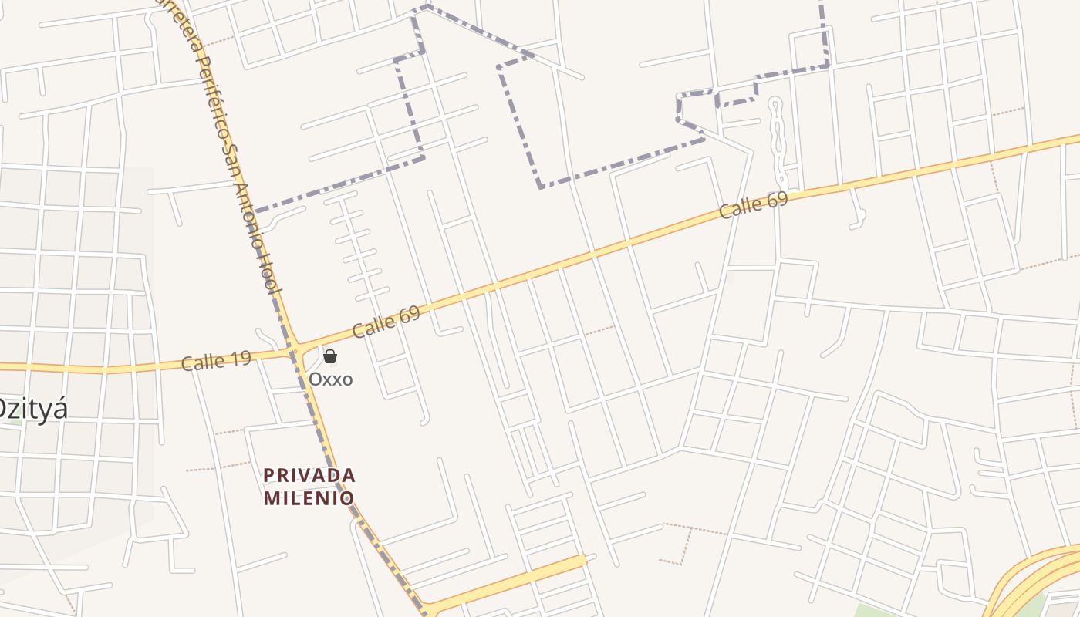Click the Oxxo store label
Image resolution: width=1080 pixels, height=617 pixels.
tap(330, 379)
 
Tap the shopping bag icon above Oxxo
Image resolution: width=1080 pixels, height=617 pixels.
tap(330, 356)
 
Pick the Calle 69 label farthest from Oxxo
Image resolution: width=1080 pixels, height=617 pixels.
tap(753, 205)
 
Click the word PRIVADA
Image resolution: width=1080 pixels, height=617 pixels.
tap(309, 475)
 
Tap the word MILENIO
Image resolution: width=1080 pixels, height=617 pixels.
tap(309, 498)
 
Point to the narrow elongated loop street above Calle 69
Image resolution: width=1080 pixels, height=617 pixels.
tap(776, 139)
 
